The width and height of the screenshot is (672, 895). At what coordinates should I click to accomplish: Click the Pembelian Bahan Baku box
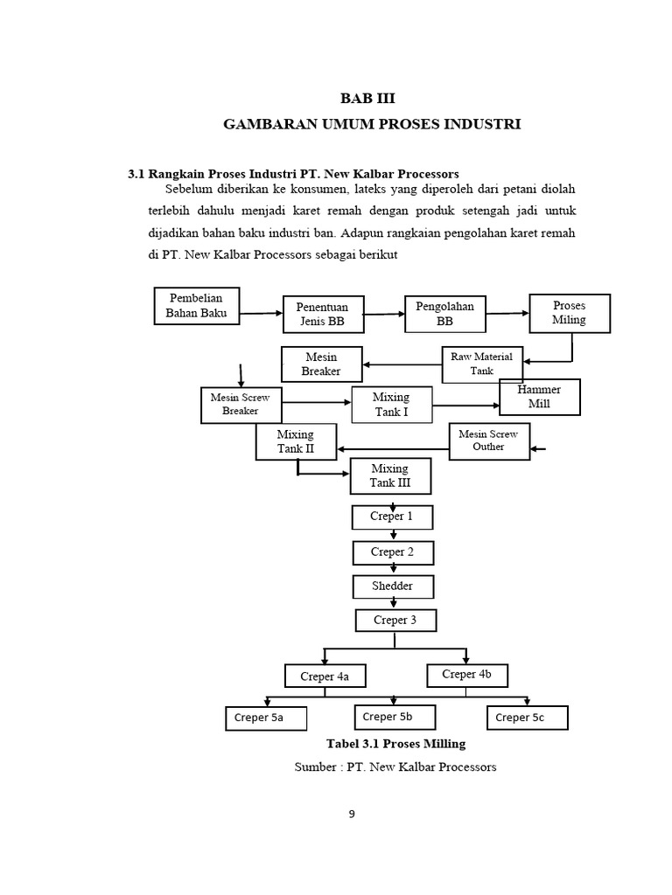pos(197,306)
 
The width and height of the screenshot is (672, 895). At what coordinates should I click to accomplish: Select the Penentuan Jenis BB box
pos(324,314)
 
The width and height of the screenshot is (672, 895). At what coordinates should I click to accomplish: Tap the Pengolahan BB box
pos(445,314)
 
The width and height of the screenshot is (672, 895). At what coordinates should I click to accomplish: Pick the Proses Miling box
pos(570,314)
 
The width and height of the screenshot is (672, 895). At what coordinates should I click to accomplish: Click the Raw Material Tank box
pos(482,364)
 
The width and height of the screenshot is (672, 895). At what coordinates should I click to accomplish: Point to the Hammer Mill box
pos(540,397)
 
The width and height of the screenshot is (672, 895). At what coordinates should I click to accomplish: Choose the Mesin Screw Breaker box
pos(241,406)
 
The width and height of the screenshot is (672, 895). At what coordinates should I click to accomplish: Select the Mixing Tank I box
pos(392,405)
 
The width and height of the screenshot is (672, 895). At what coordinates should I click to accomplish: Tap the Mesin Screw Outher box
pos(489,441)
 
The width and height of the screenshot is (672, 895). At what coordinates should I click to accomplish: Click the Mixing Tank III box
pos(390,476)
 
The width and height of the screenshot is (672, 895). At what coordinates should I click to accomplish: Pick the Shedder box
pos(393,586)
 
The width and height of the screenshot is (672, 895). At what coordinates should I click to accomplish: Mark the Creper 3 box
pos(396,621)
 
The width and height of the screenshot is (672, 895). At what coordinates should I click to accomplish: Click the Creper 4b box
pos(467,676)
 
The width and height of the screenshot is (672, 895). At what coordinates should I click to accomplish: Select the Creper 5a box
pos(266,718)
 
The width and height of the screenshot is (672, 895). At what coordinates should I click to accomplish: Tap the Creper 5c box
pos(528,718)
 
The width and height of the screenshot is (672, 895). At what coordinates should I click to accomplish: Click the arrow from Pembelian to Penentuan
pos(261,313)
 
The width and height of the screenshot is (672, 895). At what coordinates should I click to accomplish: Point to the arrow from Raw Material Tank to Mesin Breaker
pos(402,364)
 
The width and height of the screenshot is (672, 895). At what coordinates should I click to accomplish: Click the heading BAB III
pos(367,99)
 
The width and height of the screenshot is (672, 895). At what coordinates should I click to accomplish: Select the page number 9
pos(352,814)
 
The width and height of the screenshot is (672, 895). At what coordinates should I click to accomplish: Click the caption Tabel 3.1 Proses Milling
pos(396,744)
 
